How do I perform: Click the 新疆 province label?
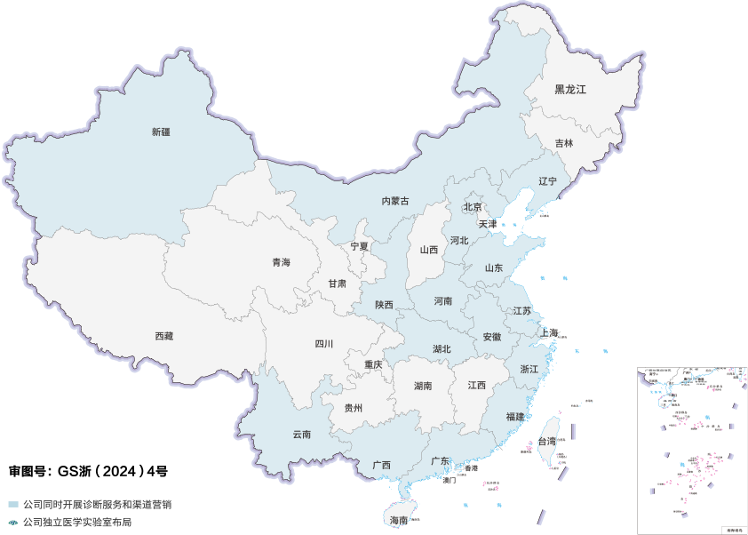coord(161,132)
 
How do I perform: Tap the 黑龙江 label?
coord(570,90)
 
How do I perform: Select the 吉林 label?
coord(564,143)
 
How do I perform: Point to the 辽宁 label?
coord(547,181)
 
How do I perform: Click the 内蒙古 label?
coord(395,202)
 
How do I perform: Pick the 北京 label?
coord(472,207)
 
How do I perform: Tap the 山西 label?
coord(429,251)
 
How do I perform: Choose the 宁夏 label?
coord(359,246)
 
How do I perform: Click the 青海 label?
coord(281,262)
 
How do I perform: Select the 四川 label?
coord(323,344)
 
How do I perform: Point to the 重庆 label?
coord(373,365)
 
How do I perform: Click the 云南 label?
coord(302,435)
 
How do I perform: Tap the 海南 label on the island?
coord(399,520)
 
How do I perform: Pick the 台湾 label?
coord(547,442)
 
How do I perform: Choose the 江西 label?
coord(477,386)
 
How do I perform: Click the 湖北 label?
coord(442,349)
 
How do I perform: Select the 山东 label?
coord(494,267)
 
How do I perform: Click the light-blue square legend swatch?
coord(12,504)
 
